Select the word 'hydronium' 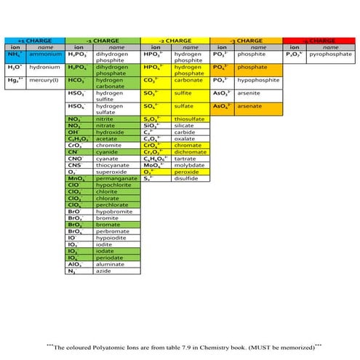point(45,67)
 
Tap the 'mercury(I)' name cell point(45,80)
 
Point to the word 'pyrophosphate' point(331,55)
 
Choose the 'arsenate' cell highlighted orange point(256,106)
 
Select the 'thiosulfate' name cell point(189,119)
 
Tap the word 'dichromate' point(189,151)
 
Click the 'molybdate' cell point(188,164)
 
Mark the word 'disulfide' point(187,177)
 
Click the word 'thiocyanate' point(112,164)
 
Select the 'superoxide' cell point(111,171)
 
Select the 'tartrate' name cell point(186,158)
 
